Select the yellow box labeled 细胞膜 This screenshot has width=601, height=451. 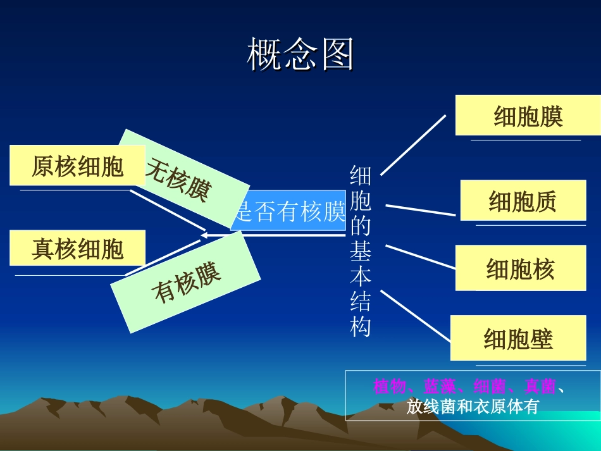[x=528, y=116]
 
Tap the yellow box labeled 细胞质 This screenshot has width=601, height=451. [x=523, y=201]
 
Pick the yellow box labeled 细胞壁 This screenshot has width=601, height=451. [x=517, y=338]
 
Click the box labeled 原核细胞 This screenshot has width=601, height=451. [x=77, y=166]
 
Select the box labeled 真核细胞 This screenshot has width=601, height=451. [x=77, y=248]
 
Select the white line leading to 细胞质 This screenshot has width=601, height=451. [x=420, y=210]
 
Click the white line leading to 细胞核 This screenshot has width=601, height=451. [x=420, y=256]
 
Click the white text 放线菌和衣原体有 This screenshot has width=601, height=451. [x=473, y=407]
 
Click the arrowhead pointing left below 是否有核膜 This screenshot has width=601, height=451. [x=205, y=235]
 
